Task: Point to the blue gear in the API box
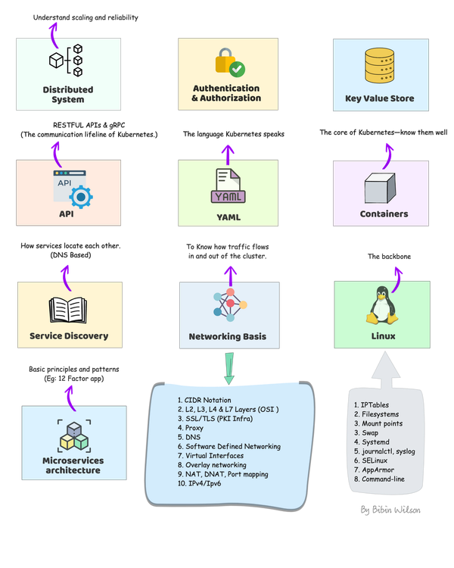click(79, 195)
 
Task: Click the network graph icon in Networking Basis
click(227, 306)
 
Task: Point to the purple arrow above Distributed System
click(52, 30)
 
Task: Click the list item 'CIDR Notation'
click(207, 400)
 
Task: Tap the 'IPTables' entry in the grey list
click(373, 405)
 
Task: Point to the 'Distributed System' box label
click(68, 94)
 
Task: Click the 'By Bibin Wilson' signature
click(390, 510)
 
